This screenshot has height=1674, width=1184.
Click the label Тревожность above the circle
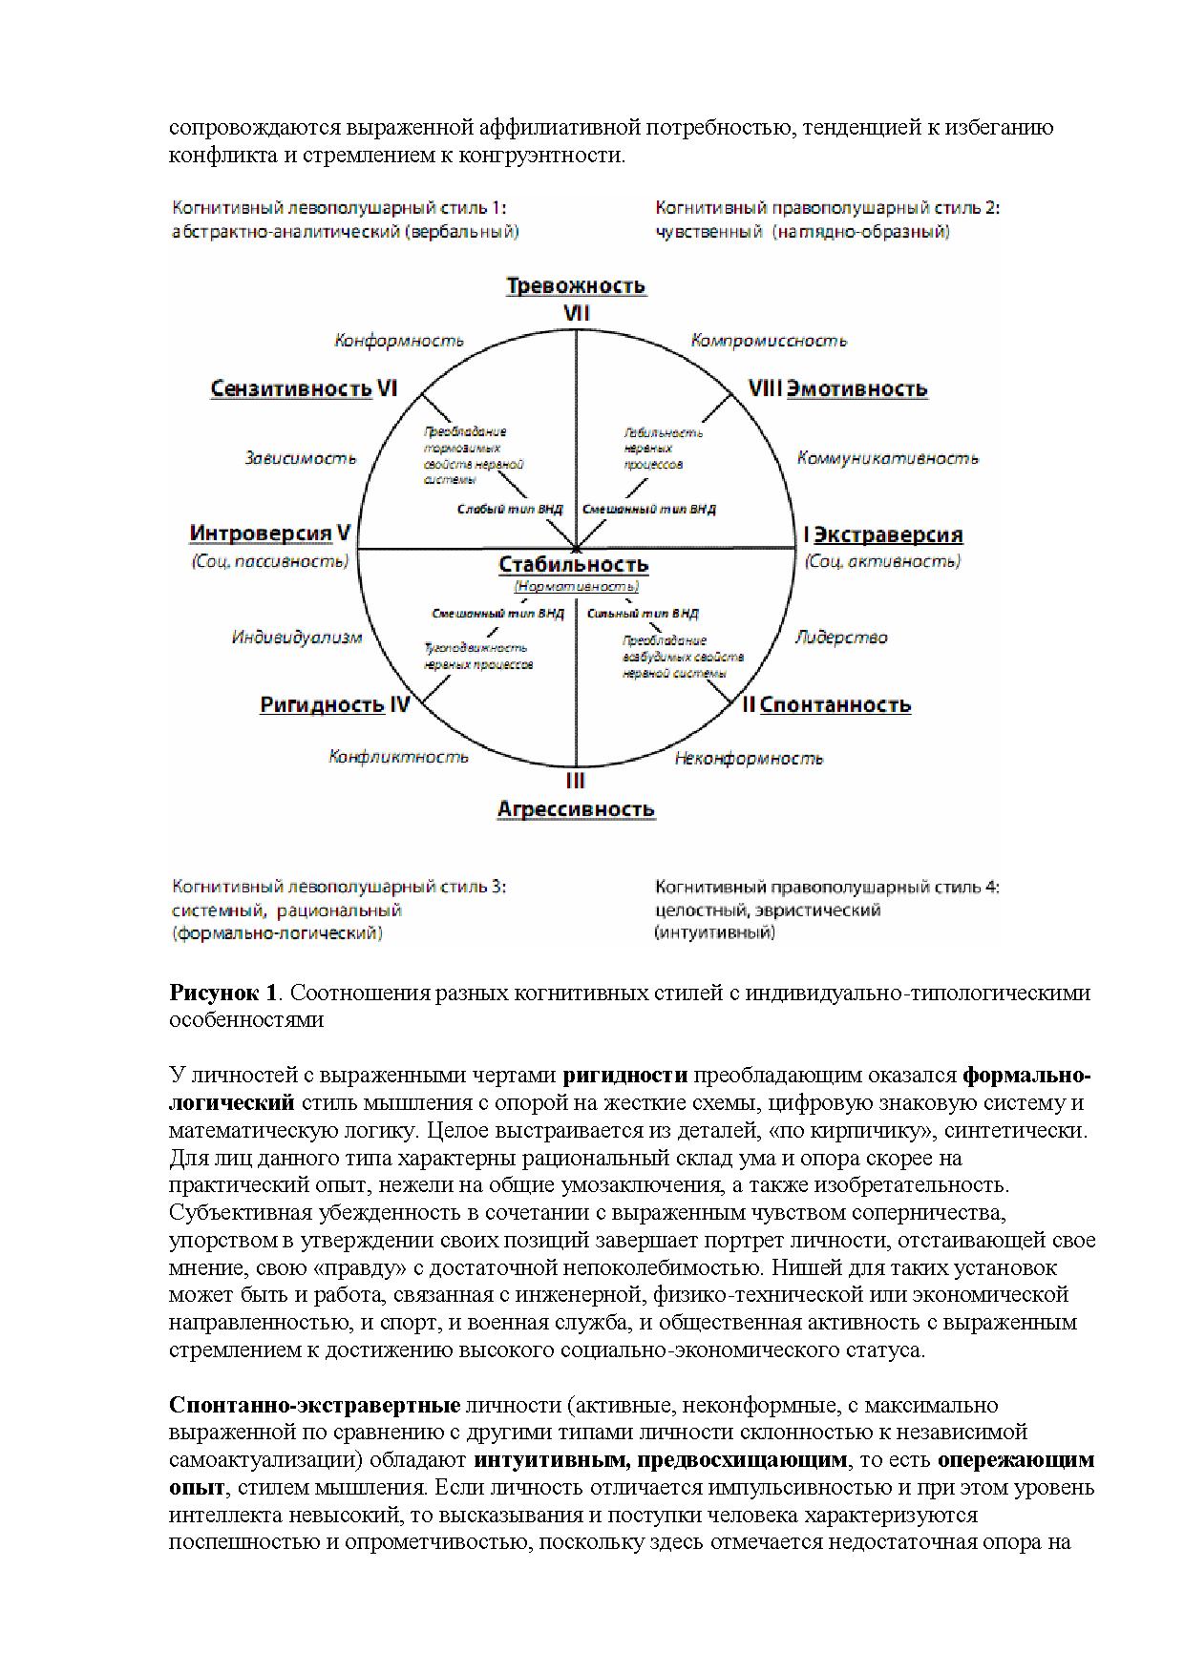(x=576, y=286)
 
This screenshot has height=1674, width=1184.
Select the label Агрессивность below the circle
(x=576, y=809)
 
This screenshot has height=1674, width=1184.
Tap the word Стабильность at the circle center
(x=574, y=565)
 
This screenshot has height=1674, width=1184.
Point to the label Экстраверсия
(x=888, y=534)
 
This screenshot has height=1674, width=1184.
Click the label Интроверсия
(x=261, y=534)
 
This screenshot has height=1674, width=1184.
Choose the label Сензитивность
(x=291, y=389)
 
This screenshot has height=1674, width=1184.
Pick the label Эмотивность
(x=857, y=389)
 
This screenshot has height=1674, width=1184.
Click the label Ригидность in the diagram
(x=322, y=705)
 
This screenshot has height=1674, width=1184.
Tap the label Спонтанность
(x=835, y=705)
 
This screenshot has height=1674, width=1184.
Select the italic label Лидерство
(x=841, y=638)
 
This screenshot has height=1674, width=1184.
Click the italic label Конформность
(x=399, y=341)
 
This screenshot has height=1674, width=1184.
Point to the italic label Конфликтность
(x=399, y=757)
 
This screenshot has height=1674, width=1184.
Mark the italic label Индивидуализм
(x=297, y=638)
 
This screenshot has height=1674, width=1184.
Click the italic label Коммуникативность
(x=888, y=458)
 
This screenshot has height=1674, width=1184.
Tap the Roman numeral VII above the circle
(x=576, y=313)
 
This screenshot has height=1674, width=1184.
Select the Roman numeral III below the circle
(x=575, y=781)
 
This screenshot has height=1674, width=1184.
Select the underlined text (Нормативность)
(x=576, y=587)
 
